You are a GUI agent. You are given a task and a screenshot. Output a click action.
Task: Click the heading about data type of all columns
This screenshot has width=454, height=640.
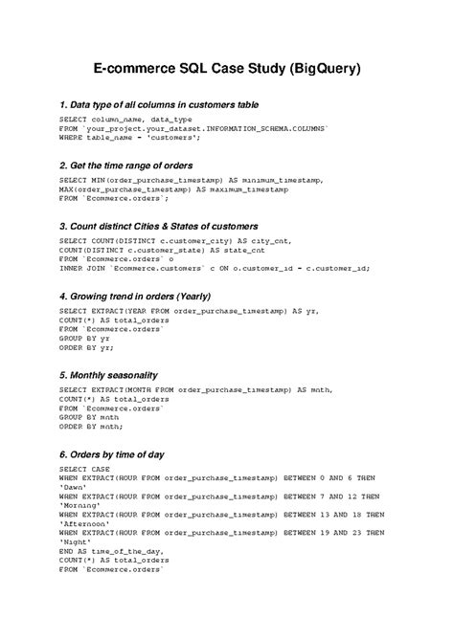(159, 103)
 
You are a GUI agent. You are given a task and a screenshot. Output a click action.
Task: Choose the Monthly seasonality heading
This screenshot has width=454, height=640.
(108, 374)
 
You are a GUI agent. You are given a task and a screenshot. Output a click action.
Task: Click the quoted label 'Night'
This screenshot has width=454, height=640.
(75, 541)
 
